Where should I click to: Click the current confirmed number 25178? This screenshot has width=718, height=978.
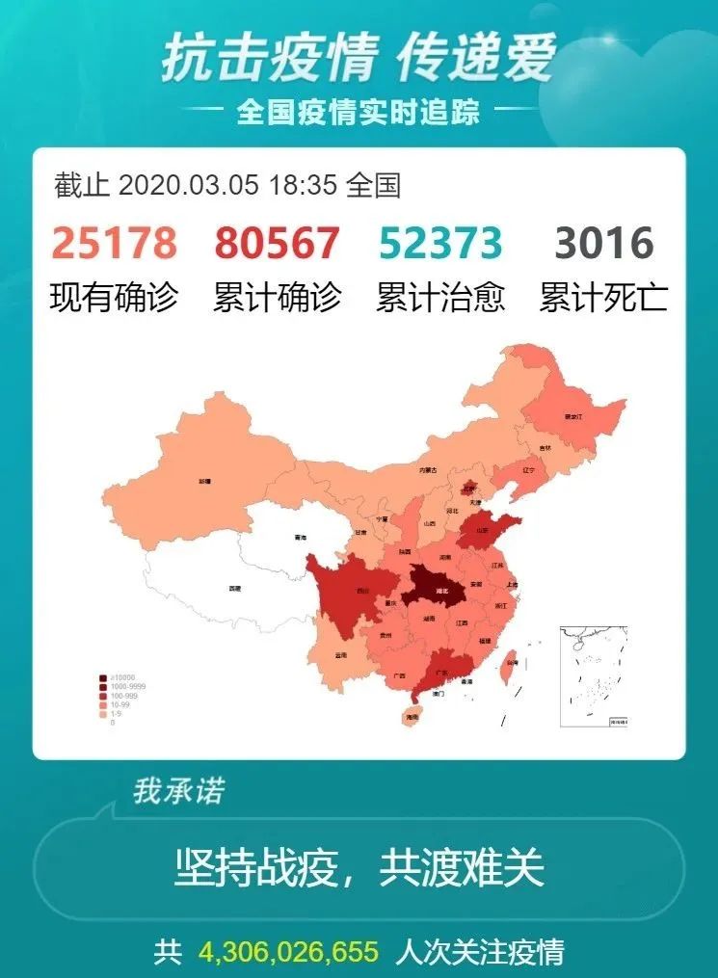point(114,244)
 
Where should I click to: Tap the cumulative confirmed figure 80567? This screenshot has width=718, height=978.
point(278,244)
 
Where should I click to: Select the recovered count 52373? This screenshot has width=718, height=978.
point(440,244)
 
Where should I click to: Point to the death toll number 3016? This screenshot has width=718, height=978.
point(604,244)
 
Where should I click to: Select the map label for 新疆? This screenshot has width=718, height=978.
point(204,479)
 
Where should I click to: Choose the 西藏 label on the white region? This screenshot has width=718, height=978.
point(234,588)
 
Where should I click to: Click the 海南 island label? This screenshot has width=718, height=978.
point(412,718)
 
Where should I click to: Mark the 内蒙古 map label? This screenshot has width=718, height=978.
point(427,470)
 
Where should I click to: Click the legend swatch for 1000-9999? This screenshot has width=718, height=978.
point(103,687)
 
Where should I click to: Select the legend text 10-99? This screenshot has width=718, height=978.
point(120,704)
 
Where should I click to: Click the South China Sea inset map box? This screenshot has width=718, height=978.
point(593,675)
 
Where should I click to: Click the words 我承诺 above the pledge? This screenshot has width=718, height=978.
point(179,792)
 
